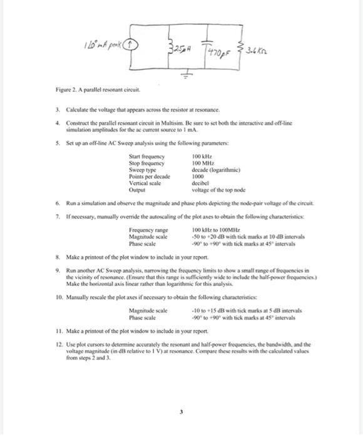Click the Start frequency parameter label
(x=146, y=155)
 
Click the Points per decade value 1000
(x=198, y=172)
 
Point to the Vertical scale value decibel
(x=201, y=178)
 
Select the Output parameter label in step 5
(x=136, y=183)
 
